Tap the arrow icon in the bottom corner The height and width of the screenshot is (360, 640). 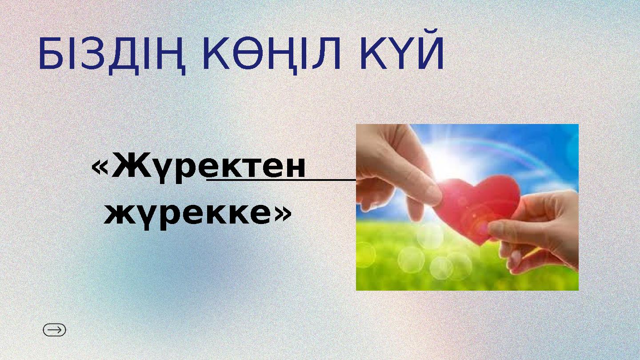(x=54, y=330)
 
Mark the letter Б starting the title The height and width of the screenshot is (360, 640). (x=49, y=56)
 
